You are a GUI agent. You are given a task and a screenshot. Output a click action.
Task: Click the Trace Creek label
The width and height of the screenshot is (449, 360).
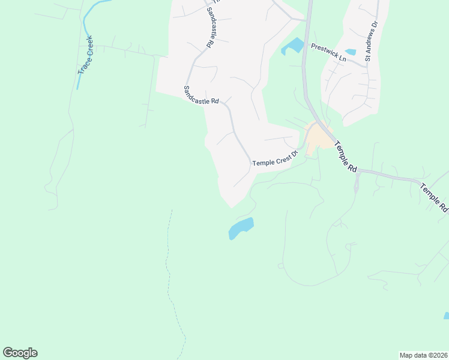[86, 55]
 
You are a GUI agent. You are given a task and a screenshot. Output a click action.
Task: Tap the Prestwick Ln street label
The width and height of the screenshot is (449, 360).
[328, 52]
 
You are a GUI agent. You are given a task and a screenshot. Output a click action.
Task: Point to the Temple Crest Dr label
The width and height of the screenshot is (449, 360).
[275, 160]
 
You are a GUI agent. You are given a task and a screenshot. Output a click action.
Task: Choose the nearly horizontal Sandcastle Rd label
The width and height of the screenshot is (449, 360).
[200, 95]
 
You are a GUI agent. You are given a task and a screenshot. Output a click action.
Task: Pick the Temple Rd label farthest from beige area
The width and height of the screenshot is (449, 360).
[435, 198]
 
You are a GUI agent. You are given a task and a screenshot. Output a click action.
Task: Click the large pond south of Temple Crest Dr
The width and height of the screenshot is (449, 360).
[241, 228]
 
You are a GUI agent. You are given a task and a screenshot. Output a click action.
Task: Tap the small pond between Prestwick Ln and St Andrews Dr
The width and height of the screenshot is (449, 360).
[351, 52]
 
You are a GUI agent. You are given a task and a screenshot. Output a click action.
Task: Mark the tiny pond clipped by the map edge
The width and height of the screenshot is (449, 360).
[446, 316]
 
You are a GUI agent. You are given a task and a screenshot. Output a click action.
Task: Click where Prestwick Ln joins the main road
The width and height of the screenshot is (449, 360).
[305, 44]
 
